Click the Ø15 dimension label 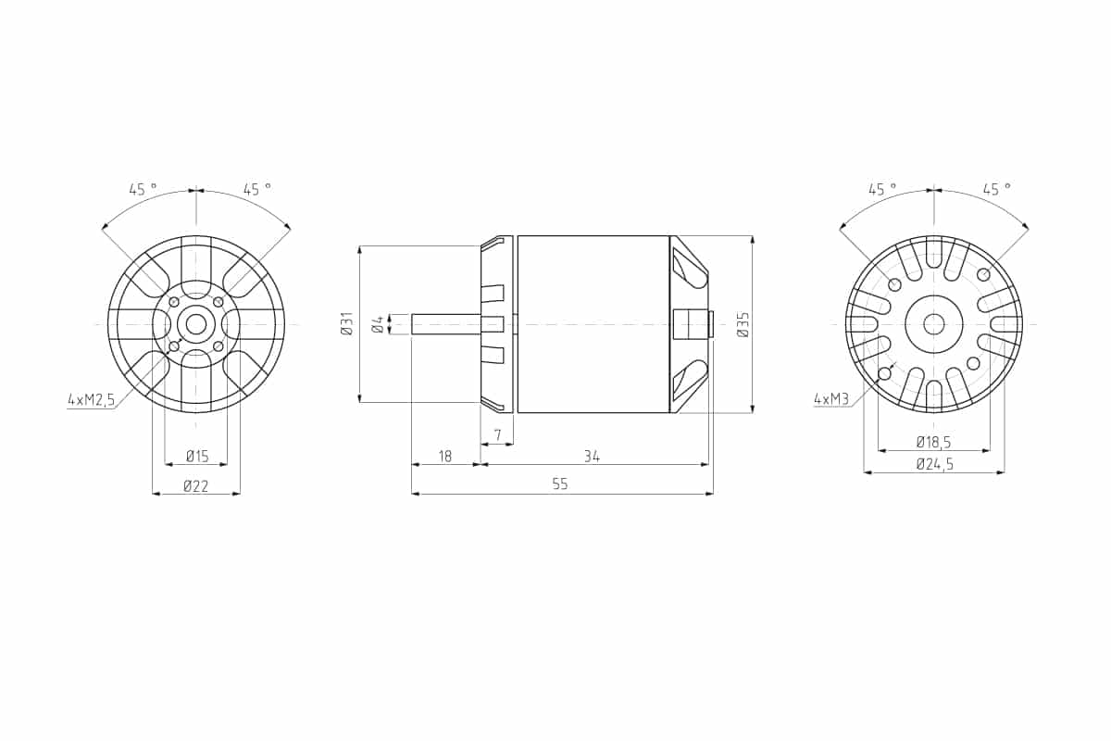pos(197,456)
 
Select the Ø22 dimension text pos(196,486)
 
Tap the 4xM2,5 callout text pos(92,399)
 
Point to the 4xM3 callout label pos(831,398)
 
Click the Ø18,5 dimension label pos(934,441)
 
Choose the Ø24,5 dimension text pos(935,465)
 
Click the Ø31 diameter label pos(347,323)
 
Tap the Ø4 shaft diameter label pos(378,325)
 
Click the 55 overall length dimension pos(560,484)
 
